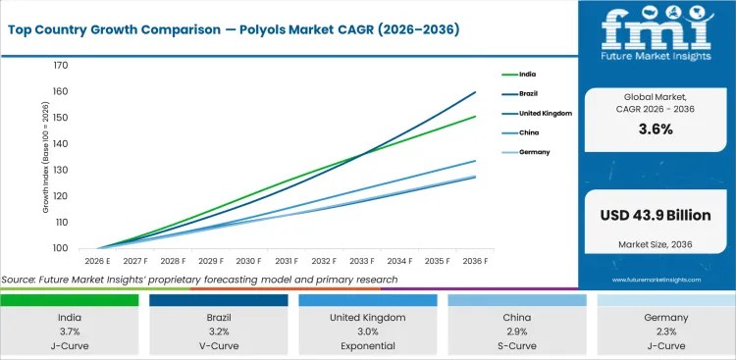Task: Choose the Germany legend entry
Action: (x=534, y=152)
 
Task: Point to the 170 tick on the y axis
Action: (x=61, y=66)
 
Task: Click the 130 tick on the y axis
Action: (x=61, y=170)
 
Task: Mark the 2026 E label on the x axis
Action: (x=95, y=262)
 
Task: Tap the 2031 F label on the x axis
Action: (x=287, y=262)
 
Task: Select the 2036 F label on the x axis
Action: (x=476, y=262)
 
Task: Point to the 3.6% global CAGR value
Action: (x=657, y=129)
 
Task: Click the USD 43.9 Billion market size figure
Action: (x=657, y=215)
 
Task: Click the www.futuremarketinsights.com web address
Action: (x=656, y=280)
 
